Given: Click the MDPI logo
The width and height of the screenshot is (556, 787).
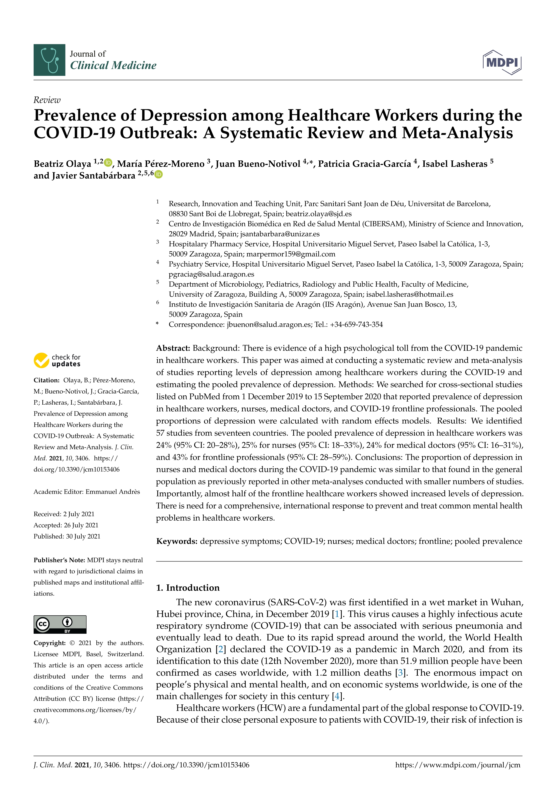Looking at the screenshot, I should (502, 62).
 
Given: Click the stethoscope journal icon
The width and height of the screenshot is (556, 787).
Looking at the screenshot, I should (49, 60).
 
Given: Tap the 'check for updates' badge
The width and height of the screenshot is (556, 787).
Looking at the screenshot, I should (57, 361).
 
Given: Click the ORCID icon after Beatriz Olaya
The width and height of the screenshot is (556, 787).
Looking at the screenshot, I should (108, 162).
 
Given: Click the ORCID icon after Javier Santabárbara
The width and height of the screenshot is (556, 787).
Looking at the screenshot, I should (159, 174).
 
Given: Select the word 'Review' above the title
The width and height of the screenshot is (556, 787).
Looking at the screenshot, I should (47, 100).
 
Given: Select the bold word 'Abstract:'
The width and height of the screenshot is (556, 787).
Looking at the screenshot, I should (173, 348).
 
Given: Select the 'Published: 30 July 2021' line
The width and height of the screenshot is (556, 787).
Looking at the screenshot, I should (67, 536).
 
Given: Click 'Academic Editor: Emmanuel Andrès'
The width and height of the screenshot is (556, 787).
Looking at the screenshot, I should (87, 492).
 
